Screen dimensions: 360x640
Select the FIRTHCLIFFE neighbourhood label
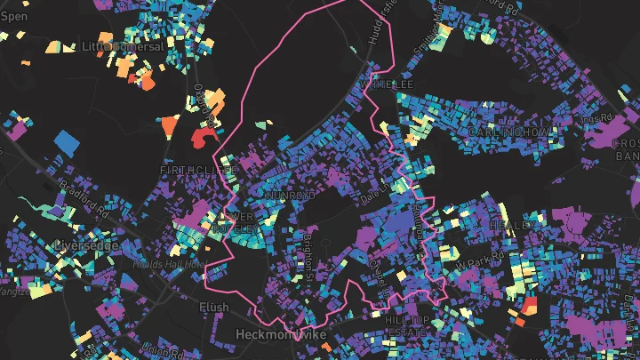(x=197, y=168)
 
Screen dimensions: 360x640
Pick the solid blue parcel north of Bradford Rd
(x=67, y=140)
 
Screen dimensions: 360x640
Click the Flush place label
(x=214, y=307)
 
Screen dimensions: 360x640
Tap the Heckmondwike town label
(x=282, y=334)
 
